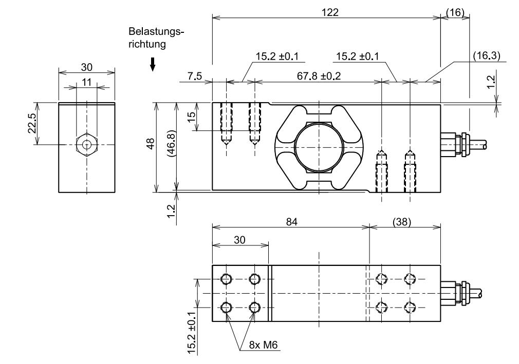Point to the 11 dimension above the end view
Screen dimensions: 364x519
[87, 82]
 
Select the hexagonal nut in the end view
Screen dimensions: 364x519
[87, 145]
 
